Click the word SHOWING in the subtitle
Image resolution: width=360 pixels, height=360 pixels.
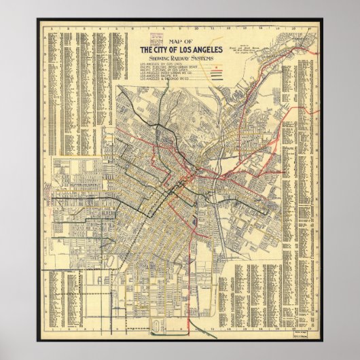tap(157, 59)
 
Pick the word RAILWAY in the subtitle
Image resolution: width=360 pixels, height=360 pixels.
tap(181, 59)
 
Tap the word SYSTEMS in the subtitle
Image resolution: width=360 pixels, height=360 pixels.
tap(204, 59)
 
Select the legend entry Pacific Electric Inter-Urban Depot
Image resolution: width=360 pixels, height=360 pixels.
tap(166, 69)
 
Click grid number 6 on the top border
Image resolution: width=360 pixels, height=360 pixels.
tap(128, 29)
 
